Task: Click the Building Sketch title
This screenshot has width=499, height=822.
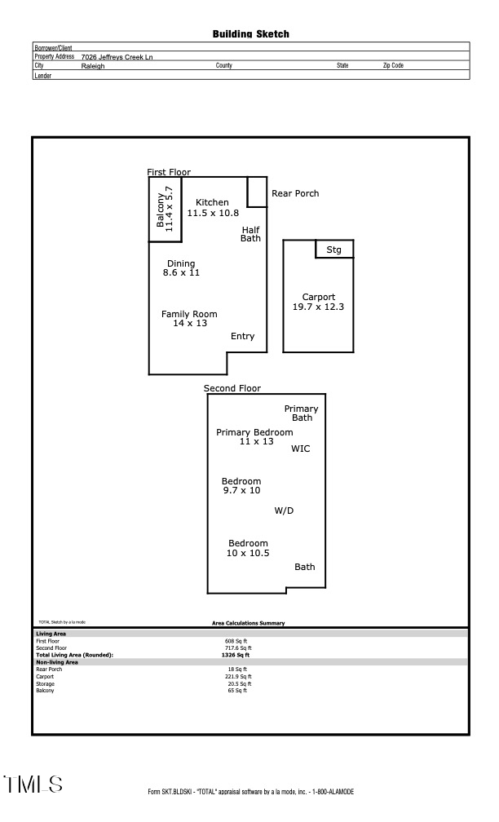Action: coord(250,34)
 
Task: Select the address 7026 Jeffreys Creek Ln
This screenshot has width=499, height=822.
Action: coord(117,57)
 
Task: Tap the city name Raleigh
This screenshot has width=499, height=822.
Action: coord(93,66)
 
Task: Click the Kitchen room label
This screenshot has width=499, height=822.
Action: coord(212,202)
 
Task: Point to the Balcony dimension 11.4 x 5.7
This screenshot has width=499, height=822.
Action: coord(170,210)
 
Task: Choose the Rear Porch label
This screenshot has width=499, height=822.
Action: coord(295,193)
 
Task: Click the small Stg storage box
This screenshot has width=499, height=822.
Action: coord(334,250)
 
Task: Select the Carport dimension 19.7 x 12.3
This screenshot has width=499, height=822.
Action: coord(319,307)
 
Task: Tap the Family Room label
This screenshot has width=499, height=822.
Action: coord(189,314)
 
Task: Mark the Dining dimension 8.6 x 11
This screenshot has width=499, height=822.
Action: coord(181,272)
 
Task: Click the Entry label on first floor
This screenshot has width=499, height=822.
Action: coord(242,336)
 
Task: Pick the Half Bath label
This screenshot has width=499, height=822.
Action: coord(250,234)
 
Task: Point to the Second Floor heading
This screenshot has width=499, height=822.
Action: coord(232,388)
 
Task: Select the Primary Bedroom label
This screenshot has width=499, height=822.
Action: coord(254,432)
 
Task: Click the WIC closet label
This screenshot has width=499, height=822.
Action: coord(300,449)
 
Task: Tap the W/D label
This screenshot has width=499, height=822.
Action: coord(284,510)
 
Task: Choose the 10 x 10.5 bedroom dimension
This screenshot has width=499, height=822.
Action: coord(247,553)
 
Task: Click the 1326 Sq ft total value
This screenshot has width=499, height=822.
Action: coord(236,655)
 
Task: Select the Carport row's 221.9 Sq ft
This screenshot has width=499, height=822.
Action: coord(239,676)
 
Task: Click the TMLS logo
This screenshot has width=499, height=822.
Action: coord(33,784)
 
